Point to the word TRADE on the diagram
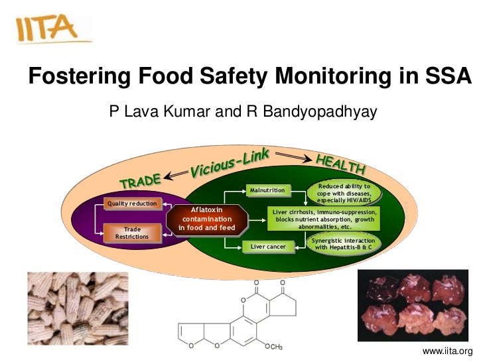click(140, 180)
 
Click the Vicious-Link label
click(230, 163)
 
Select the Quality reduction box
click(131, 204)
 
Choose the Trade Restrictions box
click(132, 233)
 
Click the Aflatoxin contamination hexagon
click(206, 219)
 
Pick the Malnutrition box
click(267, 191)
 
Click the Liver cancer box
click(267, 247)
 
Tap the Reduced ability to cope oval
click(344, 192)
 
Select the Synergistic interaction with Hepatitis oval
click(344, 244)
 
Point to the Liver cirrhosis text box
click(324, 218)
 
